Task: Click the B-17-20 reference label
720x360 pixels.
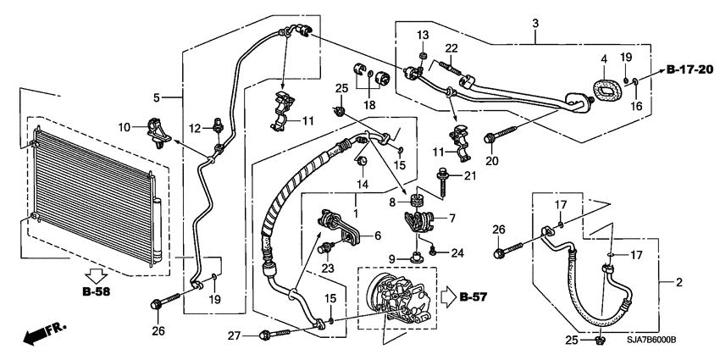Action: (x=690, y=69)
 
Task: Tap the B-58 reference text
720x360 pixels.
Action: (x=97, y=291)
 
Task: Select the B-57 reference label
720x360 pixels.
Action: (x=473, y=297)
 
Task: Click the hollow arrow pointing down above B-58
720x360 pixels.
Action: (x=97, y=276)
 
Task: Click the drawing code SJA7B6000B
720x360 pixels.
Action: (x=651, y=340)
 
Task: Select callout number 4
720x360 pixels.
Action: (x=604, y=59)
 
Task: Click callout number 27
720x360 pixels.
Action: (x=234, y=336)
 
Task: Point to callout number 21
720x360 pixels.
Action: (x=470, y=175)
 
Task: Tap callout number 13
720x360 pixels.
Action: (x=423, y=35)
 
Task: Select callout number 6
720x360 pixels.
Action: (x=378, y=235)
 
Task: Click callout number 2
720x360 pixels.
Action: (x=679, y=282)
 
